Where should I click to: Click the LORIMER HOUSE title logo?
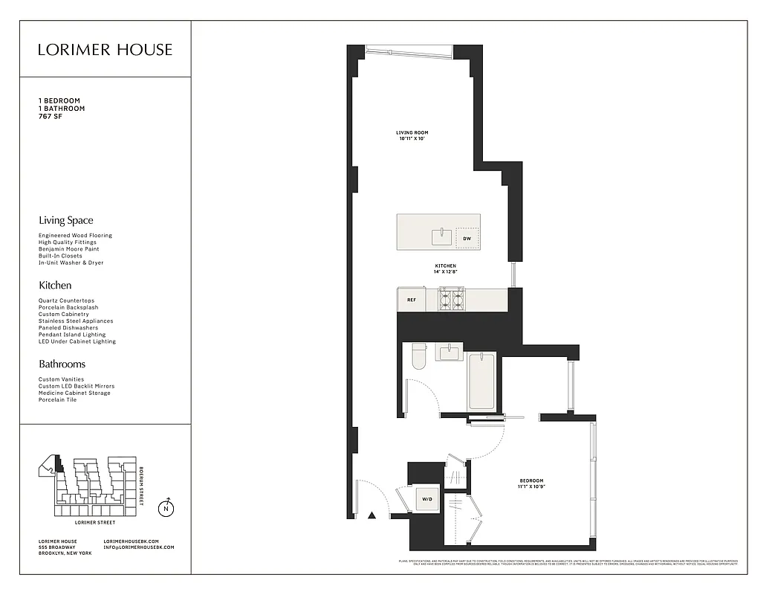coord(105,50)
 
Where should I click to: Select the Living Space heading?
coord(66,220)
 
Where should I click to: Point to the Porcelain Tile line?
coord(57,399)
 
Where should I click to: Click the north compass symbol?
coord(167,509)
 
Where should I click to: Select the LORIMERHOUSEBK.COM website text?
coord(138,541)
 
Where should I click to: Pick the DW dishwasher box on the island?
coord(467,238)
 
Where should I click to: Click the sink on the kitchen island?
coord(442,237)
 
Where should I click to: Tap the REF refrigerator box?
coord(411,300)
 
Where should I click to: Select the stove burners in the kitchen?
coord(451,299)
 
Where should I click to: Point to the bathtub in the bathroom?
coord(481,381)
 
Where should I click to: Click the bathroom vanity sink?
coord(450,352)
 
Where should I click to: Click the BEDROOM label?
coord(531,481)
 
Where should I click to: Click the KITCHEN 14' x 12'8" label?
coord(445,268)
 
